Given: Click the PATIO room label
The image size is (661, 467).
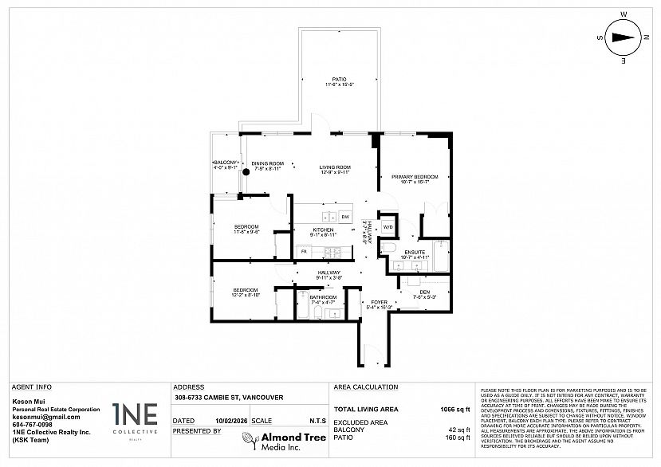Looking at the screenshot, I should [x=339, y=79].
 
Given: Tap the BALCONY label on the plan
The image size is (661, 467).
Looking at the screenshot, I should [x=226, y=163].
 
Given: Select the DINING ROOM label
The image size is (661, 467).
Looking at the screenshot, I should [x=268, y=163].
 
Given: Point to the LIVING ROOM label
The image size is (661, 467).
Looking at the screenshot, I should [x=336, y=167].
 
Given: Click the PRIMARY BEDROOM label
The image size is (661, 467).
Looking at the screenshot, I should [x=415, y=176].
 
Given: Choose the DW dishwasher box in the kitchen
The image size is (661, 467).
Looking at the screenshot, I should [x=345, y=217].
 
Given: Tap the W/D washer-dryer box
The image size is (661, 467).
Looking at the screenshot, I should [x=388, y=227].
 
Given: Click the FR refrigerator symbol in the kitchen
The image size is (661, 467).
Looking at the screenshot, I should [x=304, y=252].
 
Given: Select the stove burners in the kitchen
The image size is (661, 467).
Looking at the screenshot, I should [x=333, y=252].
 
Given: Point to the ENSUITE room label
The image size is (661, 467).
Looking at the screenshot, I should [x=415, y=253].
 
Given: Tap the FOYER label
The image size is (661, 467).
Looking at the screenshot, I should [x=380, y=302].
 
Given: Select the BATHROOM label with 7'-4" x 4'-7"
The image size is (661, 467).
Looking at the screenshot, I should [x=322, y=298].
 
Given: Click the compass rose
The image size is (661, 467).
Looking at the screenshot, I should [x=624, y=37].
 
